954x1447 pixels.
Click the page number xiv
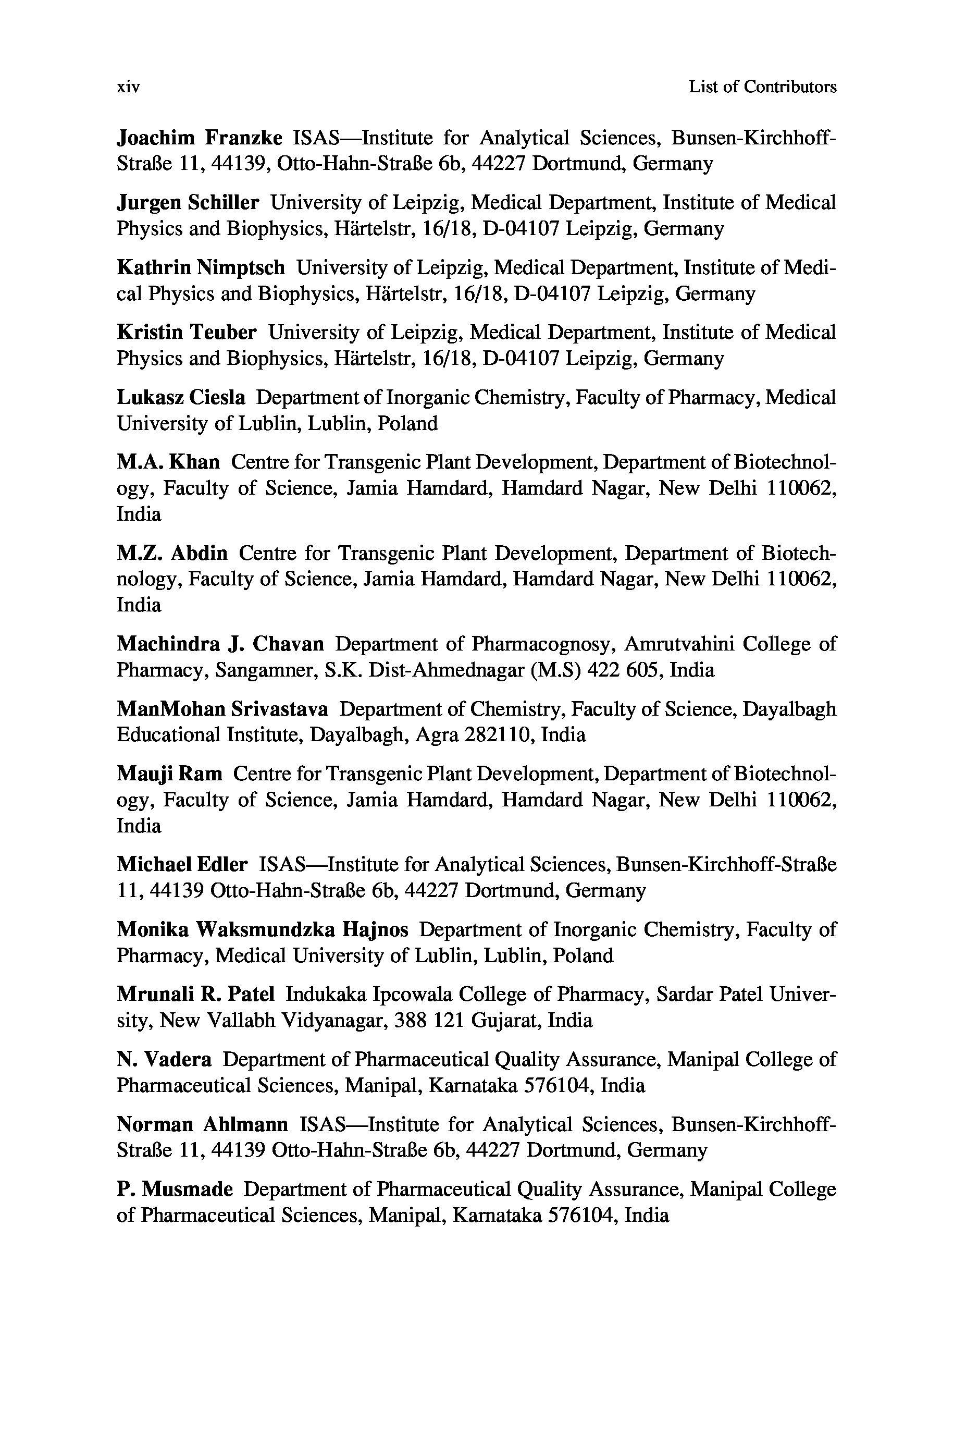point(128,88)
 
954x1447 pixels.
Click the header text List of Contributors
point(762,87)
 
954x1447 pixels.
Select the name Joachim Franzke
point(199,138)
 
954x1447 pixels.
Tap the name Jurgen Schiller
point(188,203)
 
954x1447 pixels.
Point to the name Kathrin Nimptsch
point(200,268)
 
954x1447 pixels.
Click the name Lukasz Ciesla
point(181,398)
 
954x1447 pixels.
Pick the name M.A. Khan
point(168,462)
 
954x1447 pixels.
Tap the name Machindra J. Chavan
point(220,644)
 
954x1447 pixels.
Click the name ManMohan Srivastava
point(222,709)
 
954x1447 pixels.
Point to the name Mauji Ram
point(169,774)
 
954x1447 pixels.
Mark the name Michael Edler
point(182,865)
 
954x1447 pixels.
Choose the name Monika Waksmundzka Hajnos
point(262,930)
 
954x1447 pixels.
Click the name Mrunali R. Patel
point(195,994)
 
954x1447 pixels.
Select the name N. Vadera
point(164,1059)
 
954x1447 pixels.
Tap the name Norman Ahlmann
point(202,1124)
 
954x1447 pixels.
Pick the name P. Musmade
point(175,1189)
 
